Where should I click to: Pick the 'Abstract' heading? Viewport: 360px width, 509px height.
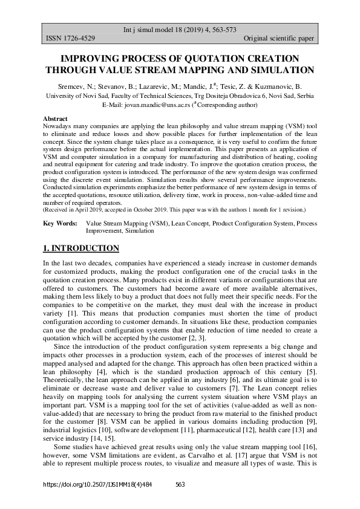point(55,118)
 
